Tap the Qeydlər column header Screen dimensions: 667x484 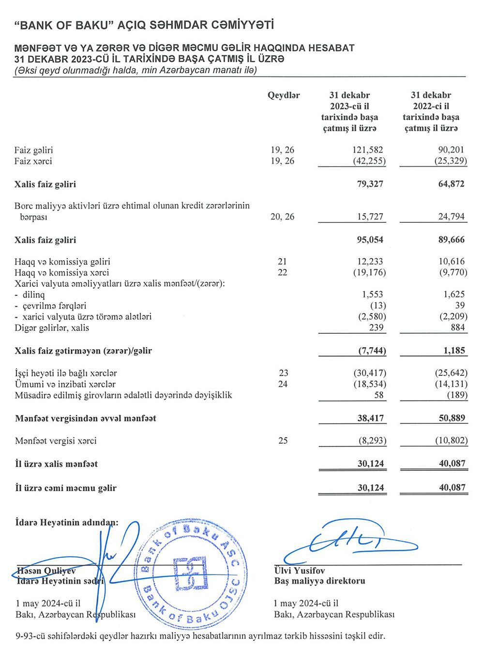pyautogui.click(x=284, y=95)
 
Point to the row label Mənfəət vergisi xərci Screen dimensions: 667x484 pyautogui.click(x=56, y=441)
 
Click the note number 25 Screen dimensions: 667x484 pyautogui.click(x=283, y=441)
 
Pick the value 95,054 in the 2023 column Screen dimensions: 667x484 pyautogui.click(x=370, y=240)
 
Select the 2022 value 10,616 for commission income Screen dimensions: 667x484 pyautogui.click(x=451, y=262)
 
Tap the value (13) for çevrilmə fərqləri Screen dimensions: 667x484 pyautogui.click(x=378, y=306)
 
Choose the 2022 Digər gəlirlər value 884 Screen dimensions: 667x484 pyautogui.click(x=457, y=328)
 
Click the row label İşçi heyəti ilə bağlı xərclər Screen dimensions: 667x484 pyautogui.click(x=66, y=373)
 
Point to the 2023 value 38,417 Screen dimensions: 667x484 pyautogui.click(x=371, y=418)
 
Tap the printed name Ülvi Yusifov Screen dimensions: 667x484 pyautogui.click(x=300, y=571)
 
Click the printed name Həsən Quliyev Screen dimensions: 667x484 pyautogui.click(x=46, y=571)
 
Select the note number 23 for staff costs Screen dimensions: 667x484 pyautogui.click(x=284, y=373)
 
